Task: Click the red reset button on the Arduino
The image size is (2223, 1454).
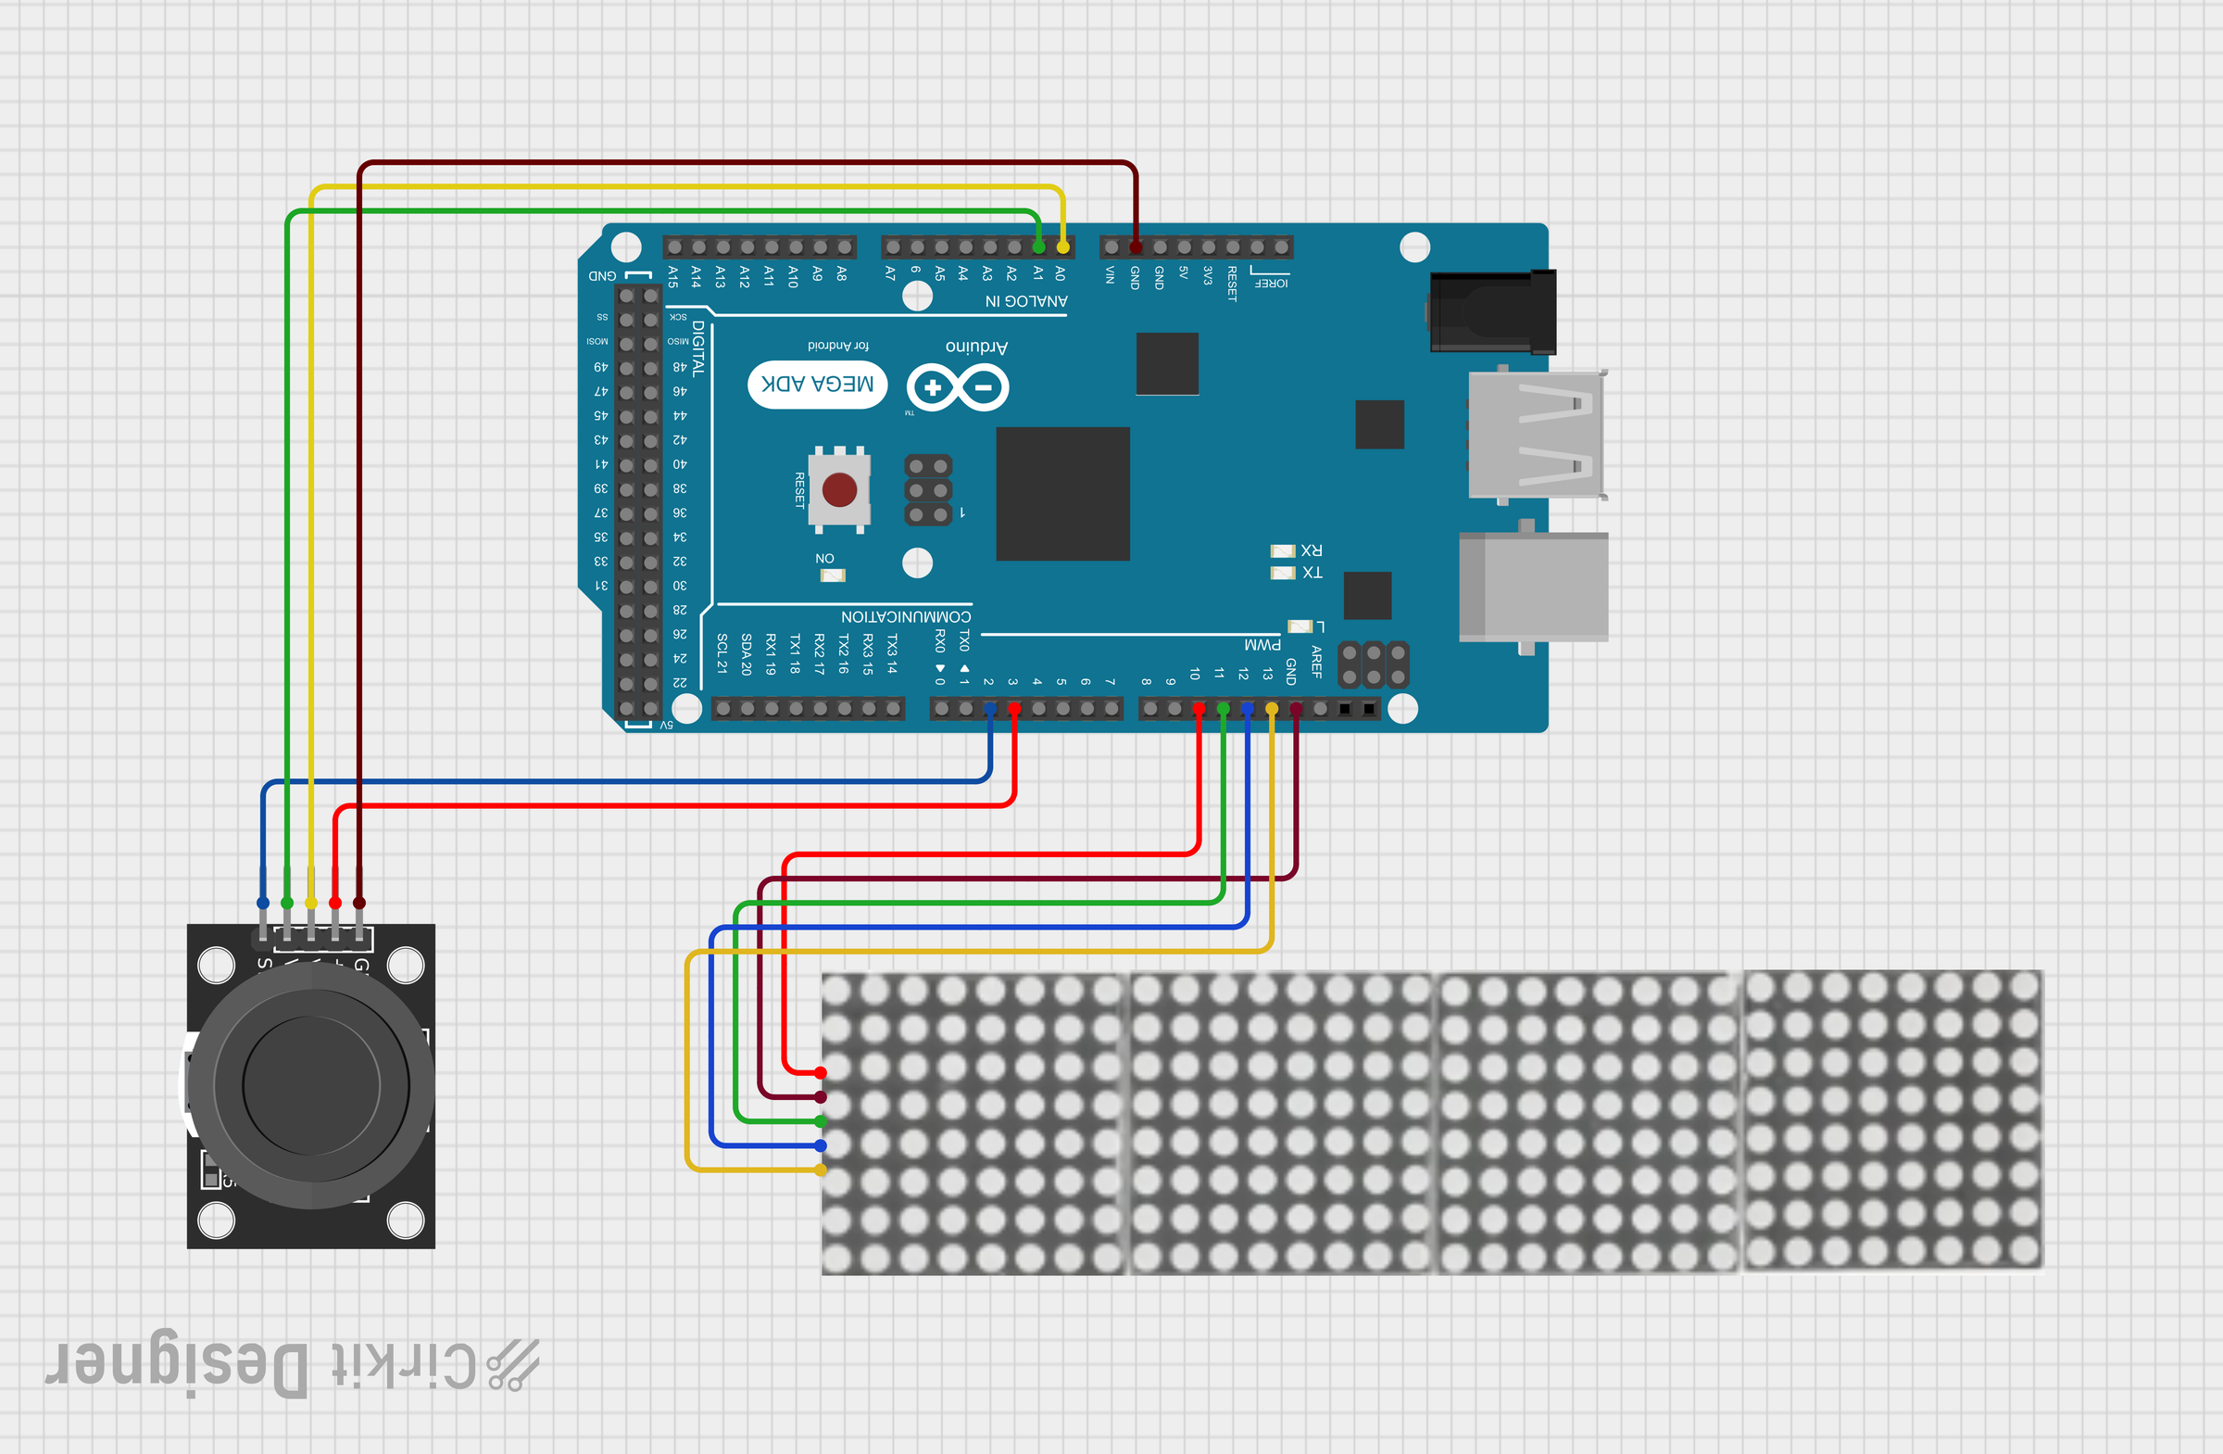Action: pyautogui.click(x=839, y=488)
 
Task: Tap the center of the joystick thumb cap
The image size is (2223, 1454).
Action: pyautogui.click(x=311, y=1085)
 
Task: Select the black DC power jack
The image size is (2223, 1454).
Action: pyautogui.click(x=1492, y=312)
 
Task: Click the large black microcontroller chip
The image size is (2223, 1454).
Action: pyautogui.click(x=1063, y=493)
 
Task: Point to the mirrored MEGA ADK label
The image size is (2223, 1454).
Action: pyautogui.click(x=817, y=384)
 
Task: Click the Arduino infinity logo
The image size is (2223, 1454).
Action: pyautogui.click(x=958, y=386)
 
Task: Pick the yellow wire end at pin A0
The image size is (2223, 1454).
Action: pyautogui.click(x=1063, y=247)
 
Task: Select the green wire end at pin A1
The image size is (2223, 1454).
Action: pyautogui.click(x=1038, y=247)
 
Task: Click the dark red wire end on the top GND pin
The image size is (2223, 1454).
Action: pyautogui.click(x=1136, y=247)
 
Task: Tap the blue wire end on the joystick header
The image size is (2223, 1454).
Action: pyautogui.click(x=262, y=903)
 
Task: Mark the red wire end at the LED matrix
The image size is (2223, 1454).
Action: pyautogui.click(x=820, y=1073)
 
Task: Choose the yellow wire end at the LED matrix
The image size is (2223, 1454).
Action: pyautogui.click(x=820, y=1170)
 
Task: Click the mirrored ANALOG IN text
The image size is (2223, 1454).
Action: pyautogui.click(x=1025, y=301)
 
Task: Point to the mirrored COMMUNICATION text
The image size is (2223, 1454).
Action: pyautogui.click(x=905, y=617)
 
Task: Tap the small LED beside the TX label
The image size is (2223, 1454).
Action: pyautogui.click(x=1283, y=573)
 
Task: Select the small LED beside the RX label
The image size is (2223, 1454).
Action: pyautogui.click(x=1283, y=550)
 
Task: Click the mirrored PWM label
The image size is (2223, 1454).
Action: pyautogui.click(x=1262, y=645)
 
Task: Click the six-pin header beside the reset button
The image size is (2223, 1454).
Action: pyautogui.click(x=928, y=489)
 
